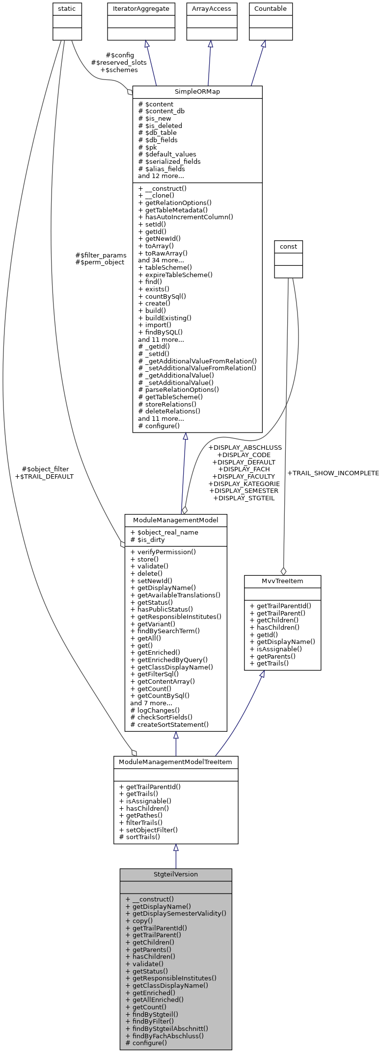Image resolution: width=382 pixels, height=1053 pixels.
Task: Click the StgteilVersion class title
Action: point(176,874)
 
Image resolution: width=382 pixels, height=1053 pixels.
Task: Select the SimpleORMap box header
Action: point(197,92)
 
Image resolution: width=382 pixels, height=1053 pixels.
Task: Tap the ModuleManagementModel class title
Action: point(176,519)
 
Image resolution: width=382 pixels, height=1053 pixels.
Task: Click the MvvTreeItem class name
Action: point(282,581)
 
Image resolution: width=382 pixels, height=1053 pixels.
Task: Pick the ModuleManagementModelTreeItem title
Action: point(176,762)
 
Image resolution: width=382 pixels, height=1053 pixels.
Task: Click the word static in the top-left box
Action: point(67,8)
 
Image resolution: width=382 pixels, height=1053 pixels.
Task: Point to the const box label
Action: point(288,246)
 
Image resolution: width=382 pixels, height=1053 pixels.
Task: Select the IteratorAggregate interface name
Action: point(141,8)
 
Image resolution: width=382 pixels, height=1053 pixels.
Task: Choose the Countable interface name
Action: point(271,8)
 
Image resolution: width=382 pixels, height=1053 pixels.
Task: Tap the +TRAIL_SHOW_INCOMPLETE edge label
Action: point(333,473)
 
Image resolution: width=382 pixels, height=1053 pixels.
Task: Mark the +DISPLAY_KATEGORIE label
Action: point(244,484)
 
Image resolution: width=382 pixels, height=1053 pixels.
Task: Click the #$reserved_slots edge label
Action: point(119,63)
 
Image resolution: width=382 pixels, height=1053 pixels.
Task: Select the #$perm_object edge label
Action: point(100,262)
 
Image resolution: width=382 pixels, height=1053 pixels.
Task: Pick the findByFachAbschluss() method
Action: point(164,1036)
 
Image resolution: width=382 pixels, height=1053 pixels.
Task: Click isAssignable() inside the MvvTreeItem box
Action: point(275,649)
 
